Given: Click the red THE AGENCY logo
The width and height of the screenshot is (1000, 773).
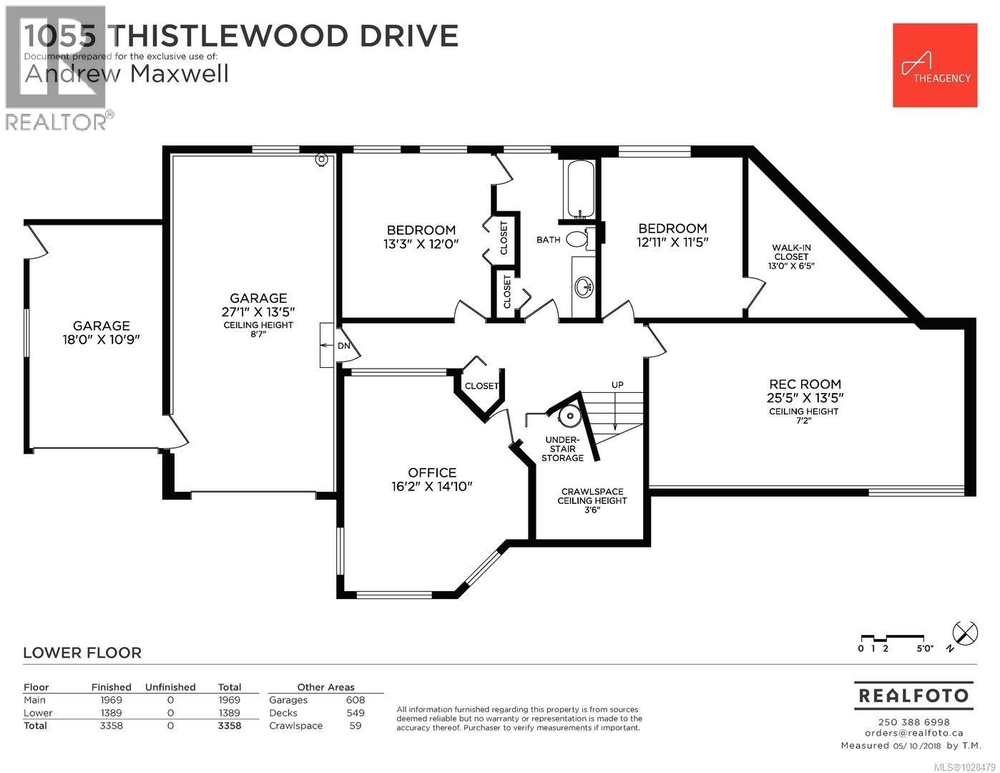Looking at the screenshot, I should (x=934, y=65).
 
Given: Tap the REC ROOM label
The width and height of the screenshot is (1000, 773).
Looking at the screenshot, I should (x=805, y=384).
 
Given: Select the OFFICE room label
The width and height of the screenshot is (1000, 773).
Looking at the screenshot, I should (x=432, y=472).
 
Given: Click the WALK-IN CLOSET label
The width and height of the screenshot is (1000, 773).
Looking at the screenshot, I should (x=791, y=252).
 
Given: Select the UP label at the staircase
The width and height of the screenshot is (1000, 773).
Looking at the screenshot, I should (x=617, y=385).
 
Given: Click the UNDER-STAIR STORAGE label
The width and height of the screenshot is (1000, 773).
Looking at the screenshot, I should (x=562, y=449).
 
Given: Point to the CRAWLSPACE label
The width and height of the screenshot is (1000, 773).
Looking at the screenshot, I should (x=592, y=492).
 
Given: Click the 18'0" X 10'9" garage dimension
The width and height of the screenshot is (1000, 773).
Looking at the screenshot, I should (x=101, y=340).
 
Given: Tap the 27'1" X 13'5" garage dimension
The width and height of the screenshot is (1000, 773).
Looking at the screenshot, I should (x=258, y=311).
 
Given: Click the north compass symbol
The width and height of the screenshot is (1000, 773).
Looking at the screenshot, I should (x=965, y=633).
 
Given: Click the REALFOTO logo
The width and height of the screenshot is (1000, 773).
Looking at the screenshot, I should (x=913, y=696).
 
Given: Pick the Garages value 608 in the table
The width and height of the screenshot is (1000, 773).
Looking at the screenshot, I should (x=355, y=700).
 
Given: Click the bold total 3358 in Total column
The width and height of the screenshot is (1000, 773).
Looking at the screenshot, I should (x=229, y=726).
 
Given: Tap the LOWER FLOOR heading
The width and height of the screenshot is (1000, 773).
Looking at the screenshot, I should (x=82, y=653).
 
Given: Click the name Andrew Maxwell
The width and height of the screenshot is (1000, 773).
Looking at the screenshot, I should (x=127, y=74).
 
